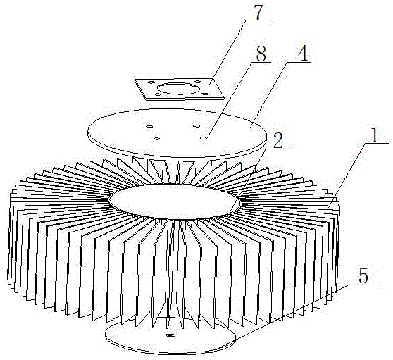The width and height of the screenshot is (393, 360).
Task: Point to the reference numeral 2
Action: point(278,140)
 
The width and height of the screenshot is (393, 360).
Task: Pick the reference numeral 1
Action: point(375,135)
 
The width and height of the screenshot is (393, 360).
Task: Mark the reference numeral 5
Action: point(363,277)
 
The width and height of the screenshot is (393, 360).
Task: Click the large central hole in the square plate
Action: point(178,89)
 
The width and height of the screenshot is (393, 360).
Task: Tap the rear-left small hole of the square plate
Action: point(151,82)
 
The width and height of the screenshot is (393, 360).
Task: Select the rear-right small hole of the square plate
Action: point(197,82)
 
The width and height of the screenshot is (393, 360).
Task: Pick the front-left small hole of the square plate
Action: point(158,94)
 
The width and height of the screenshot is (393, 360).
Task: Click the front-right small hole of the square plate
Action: point(205,94)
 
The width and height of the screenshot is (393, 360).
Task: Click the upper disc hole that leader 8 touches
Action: point(204,137)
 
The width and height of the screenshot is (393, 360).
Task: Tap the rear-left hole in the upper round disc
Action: point(150,126)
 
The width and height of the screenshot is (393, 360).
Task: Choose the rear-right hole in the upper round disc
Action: point(196,125)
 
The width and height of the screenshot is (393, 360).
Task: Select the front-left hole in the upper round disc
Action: point(157,138)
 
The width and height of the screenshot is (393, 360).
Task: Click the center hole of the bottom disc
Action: point(170,335)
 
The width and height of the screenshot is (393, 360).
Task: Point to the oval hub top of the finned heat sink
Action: point(175,201)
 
